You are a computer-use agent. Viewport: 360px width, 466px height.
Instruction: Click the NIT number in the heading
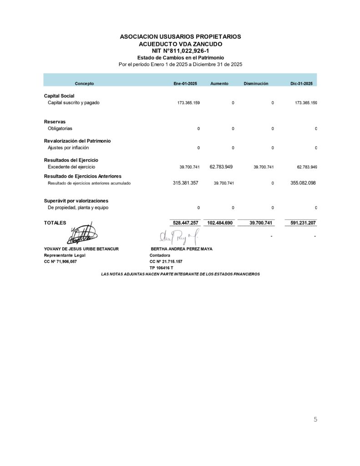180,51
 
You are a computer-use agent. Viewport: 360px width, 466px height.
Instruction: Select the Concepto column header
84,84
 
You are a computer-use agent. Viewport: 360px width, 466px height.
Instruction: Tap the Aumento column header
219,84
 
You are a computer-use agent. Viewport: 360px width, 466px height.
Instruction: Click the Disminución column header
256,84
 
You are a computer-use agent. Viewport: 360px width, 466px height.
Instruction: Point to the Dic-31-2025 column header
301,84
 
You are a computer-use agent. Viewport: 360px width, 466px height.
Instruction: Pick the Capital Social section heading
59,96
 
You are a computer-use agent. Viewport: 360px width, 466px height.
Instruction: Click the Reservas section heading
55,122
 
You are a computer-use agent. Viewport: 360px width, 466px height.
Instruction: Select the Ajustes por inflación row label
68,148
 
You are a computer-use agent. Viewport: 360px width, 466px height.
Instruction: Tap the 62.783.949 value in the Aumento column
221,167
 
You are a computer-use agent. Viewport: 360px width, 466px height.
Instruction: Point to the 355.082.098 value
303,183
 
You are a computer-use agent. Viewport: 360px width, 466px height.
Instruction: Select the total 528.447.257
186,223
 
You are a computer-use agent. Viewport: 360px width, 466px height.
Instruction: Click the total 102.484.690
220,223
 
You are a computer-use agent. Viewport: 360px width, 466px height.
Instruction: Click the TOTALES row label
55,223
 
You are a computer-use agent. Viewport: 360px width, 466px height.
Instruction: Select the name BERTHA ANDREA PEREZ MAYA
182,249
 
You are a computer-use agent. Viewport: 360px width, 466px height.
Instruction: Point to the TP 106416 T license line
161,268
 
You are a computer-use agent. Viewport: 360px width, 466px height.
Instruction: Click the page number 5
315,420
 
